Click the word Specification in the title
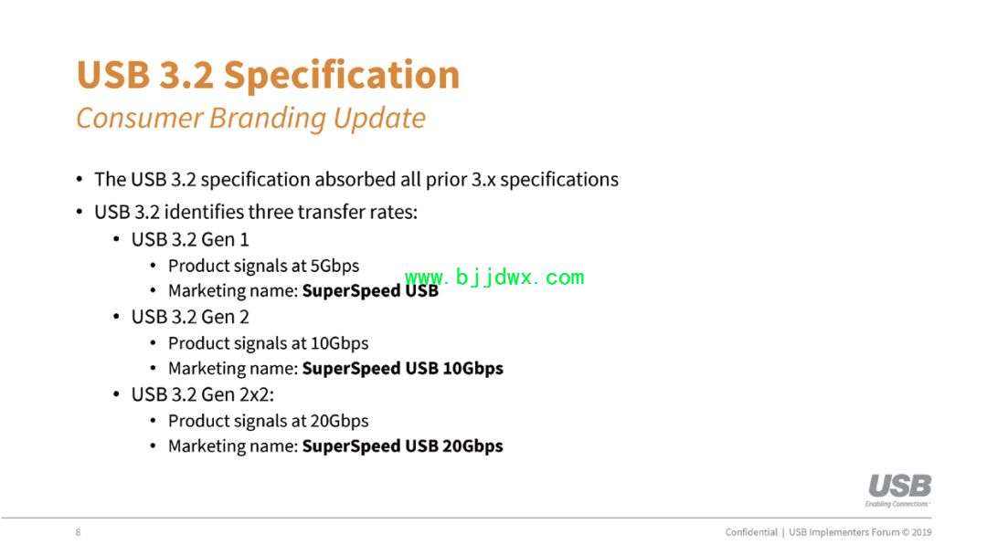[x=342, y=76]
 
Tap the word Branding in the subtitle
[x=266, y=118]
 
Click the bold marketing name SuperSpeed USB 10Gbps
[x=403, y=368]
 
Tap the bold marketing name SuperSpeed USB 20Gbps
[x=403, y=446]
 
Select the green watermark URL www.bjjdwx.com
[x=494, y=277]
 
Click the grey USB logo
[x=899, y=486]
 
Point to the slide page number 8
[x=78, y=532]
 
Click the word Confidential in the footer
[x=751, y=532]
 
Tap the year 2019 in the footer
[x=921, y=532]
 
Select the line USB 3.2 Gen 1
[x=190, y=239]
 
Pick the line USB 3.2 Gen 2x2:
[x=203, y=394]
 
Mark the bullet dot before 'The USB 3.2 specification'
[x=80, y=179]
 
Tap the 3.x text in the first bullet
[x=483, y=179]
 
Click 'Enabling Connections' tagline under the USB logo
[x=897, y=504]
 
